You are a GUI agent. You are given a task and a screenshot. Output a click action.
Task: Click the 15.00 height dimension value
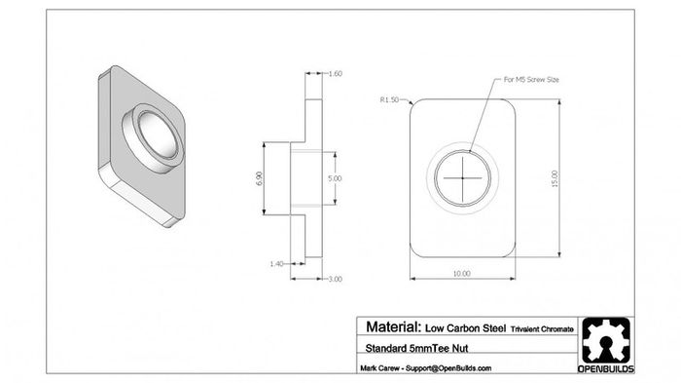click(x=555, y=178)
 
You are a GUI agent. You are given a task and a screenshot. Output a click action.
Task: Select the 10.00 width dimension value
click(x=462, y=273)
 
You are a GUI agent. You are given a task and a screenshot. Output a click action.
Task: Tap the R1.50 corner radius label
click(x=389, y=99)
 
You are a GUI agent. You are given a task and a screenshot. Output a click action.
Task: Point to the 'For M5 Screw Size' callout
click(x=531, y=80)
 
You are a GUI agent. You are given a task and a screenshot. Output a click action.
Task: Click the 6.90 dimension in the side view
click(x=260, y=178)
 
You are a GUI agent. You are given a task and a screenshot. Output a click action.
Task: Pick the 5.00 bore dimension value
click(x=335, y=178)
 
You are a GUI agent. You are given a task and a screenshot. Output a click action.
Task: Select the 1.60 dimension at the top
click(x=336, y=73)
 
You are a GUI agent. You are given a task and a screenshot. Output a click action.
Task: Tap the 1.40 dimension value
click(x=276, y=264)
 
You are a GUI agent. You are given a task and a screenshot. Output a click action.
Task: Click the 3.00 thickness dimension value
click(x=335, y=279)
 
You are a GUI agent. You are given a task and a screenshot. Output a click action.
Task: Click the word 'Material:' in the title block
click(x=393, y=326)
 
